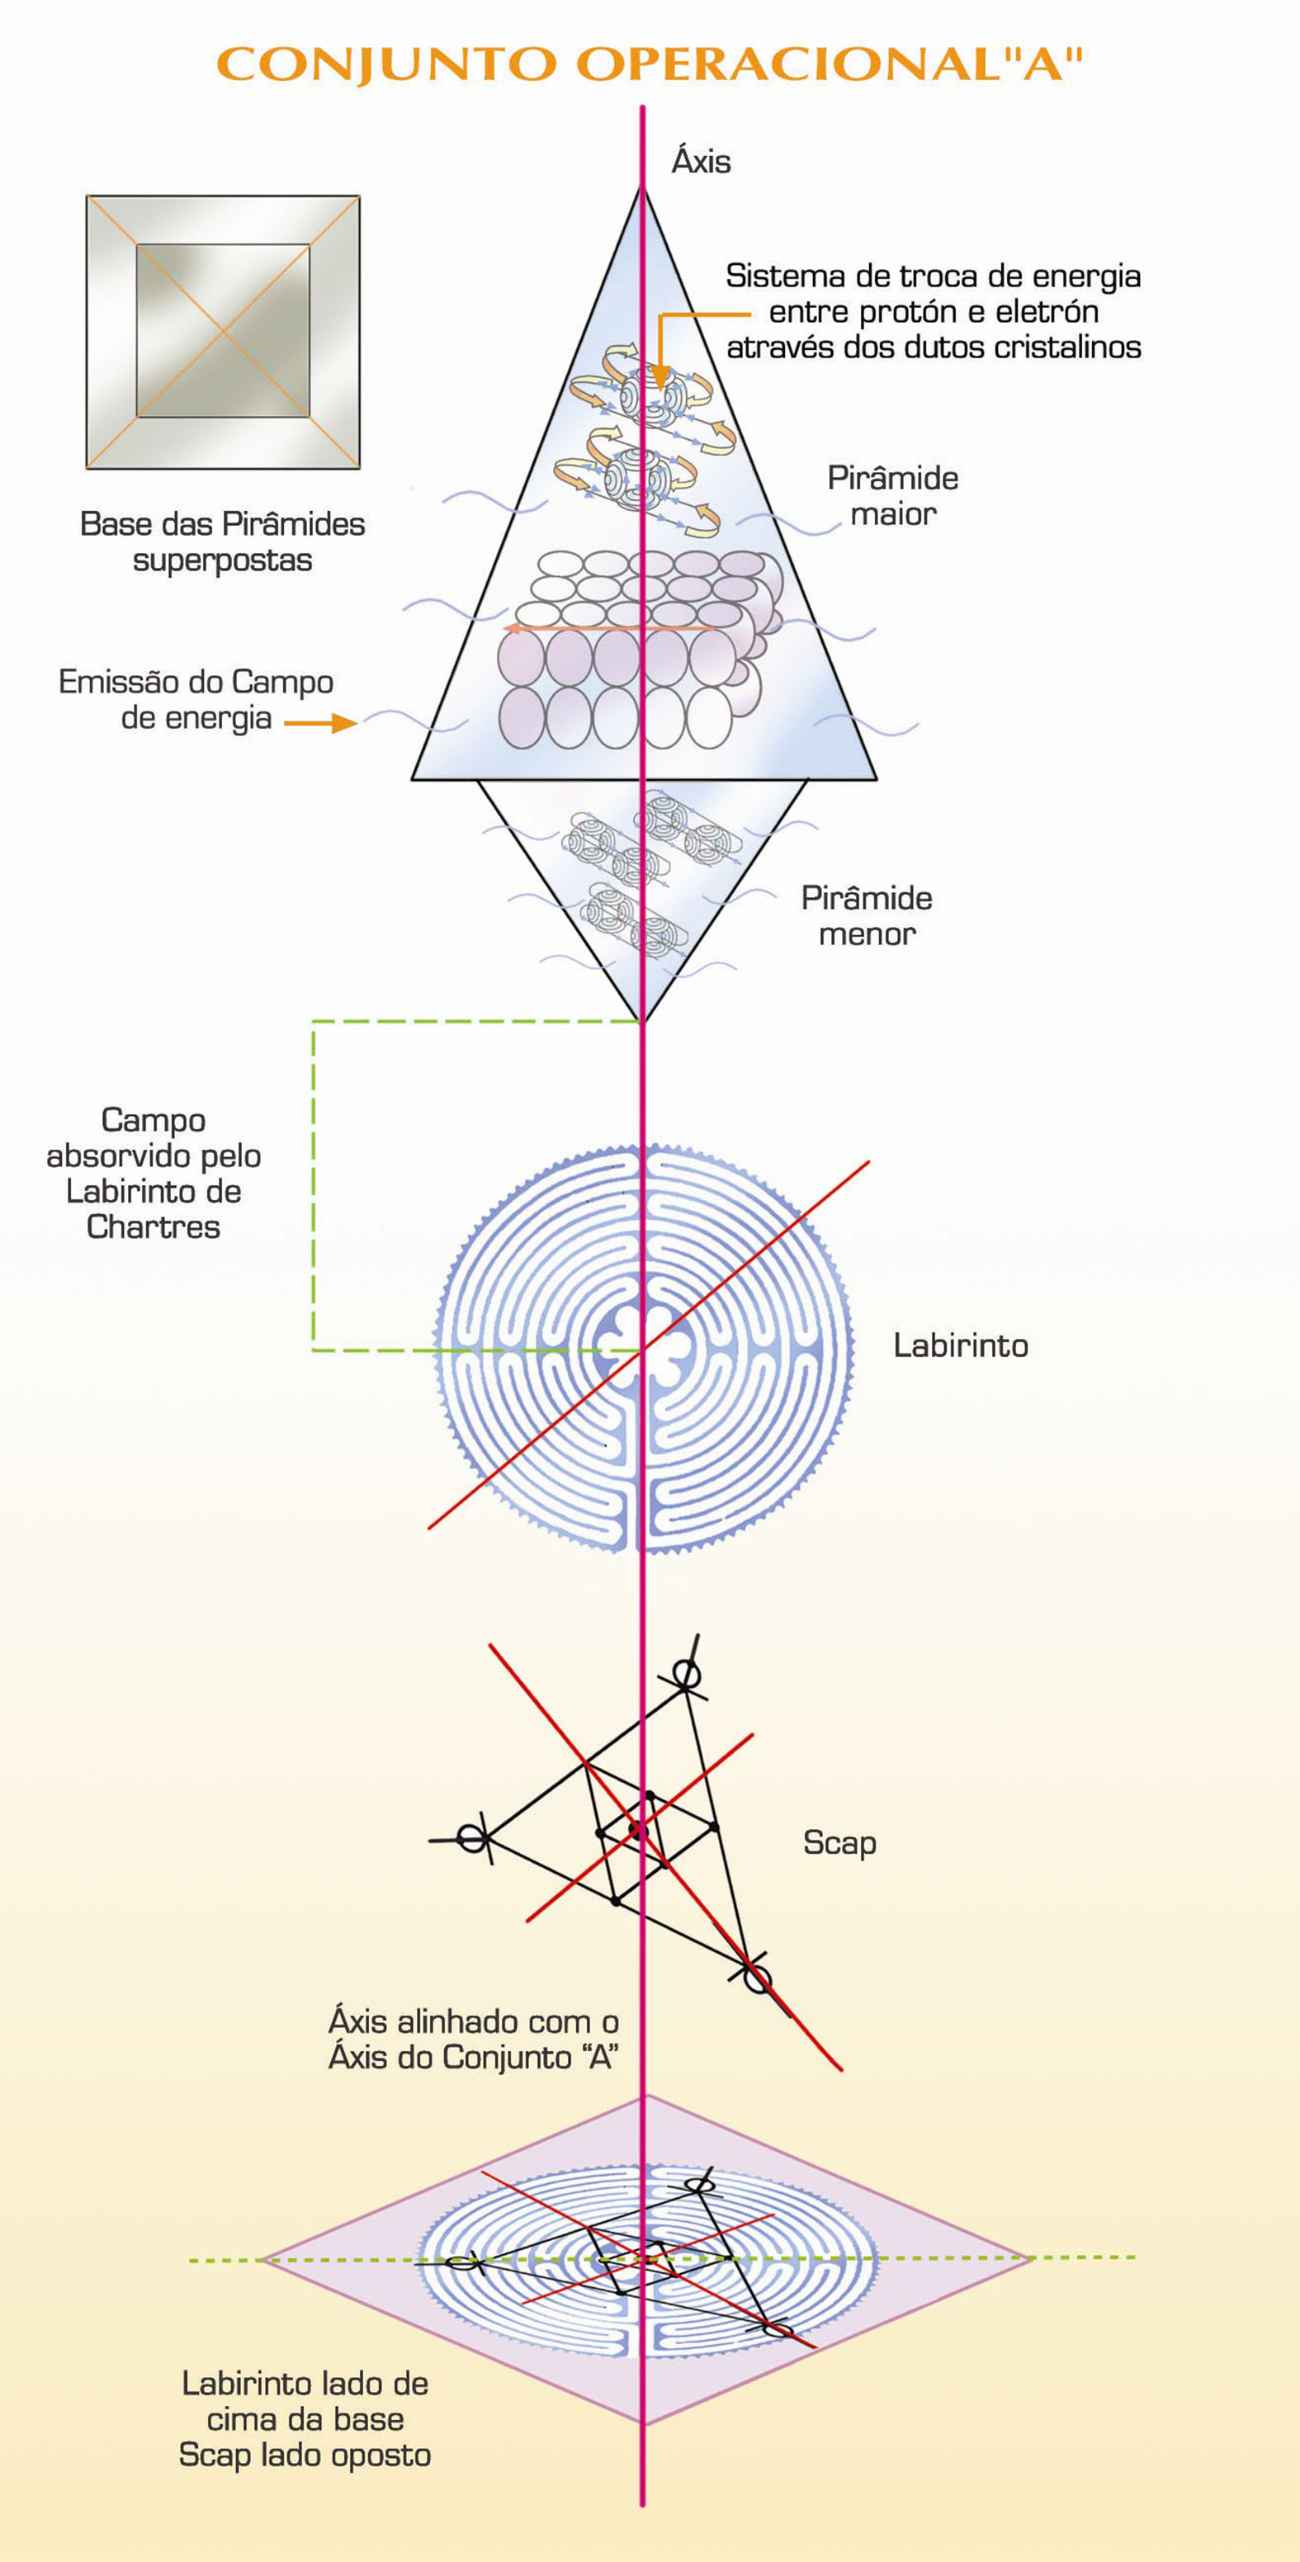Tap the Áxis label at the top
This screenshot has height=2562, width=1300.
[x=702, y=161]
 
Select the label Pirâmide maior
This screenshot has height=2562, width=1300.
[x=892, y=495]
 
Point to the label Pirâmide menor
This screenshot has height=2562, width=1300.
[x=867, y=915]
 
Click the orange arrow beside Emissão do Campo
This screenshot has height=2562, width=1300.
[x=320, y=723]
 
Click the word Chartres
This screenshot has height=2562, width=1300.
[x=154, y=1227]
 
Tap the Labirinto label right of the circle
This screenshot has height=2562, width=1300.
[x=960, y=1345]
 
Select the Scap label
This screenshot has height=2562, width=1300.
[x=839, y=1843]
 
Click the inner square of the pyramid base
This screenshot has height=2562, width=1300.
[x=223, y=330]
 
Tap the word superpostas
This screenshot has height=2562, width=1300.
[x=223, y=560]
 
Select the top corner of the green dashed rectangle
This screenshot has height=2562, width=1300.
[x=314, y=1023]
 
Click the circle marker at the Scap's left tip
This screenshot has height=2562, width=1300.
[x=472, y=1838]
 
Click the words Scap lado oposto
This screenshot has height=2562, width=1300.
[x=305, y=2455]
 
